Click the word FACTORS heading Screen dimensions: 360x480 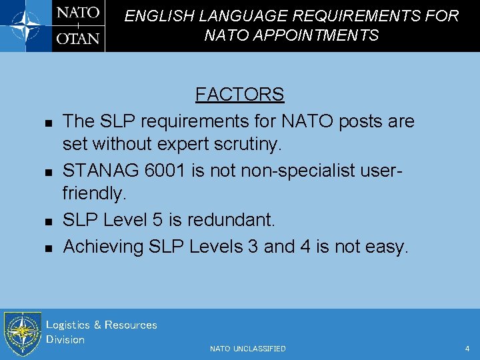tap(239, 95)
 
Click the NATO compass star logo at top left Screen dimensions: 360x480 tap(25, 25)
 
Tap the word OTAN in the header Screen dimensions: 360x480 tap(78, 38)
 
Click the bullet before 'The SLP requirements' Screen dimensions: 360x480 tap(48, 123)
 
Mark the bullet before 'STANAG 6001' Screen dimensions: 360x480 tap(48, 173)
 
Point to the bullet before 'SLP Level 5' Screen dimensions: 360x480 tap(48, 221)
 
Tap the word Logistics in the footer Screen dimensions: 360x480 tap(67, 325)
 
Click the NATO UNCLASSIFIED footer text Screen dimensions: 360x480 tap(247, 349)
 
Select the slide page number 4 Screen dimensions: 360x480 tap(467, 349)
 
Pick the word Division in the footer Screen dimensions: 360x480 tap(65, 340)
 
